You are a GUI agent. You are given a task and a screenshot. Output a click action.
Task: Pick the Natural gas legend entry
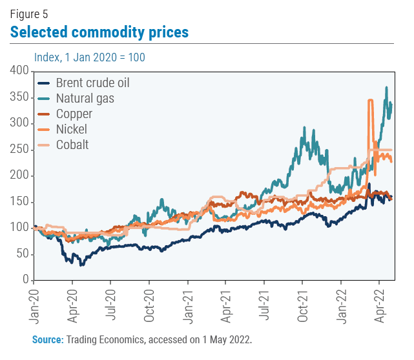(85, 99)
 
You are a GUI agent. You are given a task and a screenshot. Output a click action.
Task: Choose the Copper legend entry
(74, 114)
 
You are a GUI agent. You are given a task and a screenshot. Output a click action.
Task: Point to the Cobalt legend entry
(72, 145)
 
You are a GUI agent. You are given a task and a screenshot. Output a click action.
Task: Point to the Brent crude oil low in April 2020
(81, 265)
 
